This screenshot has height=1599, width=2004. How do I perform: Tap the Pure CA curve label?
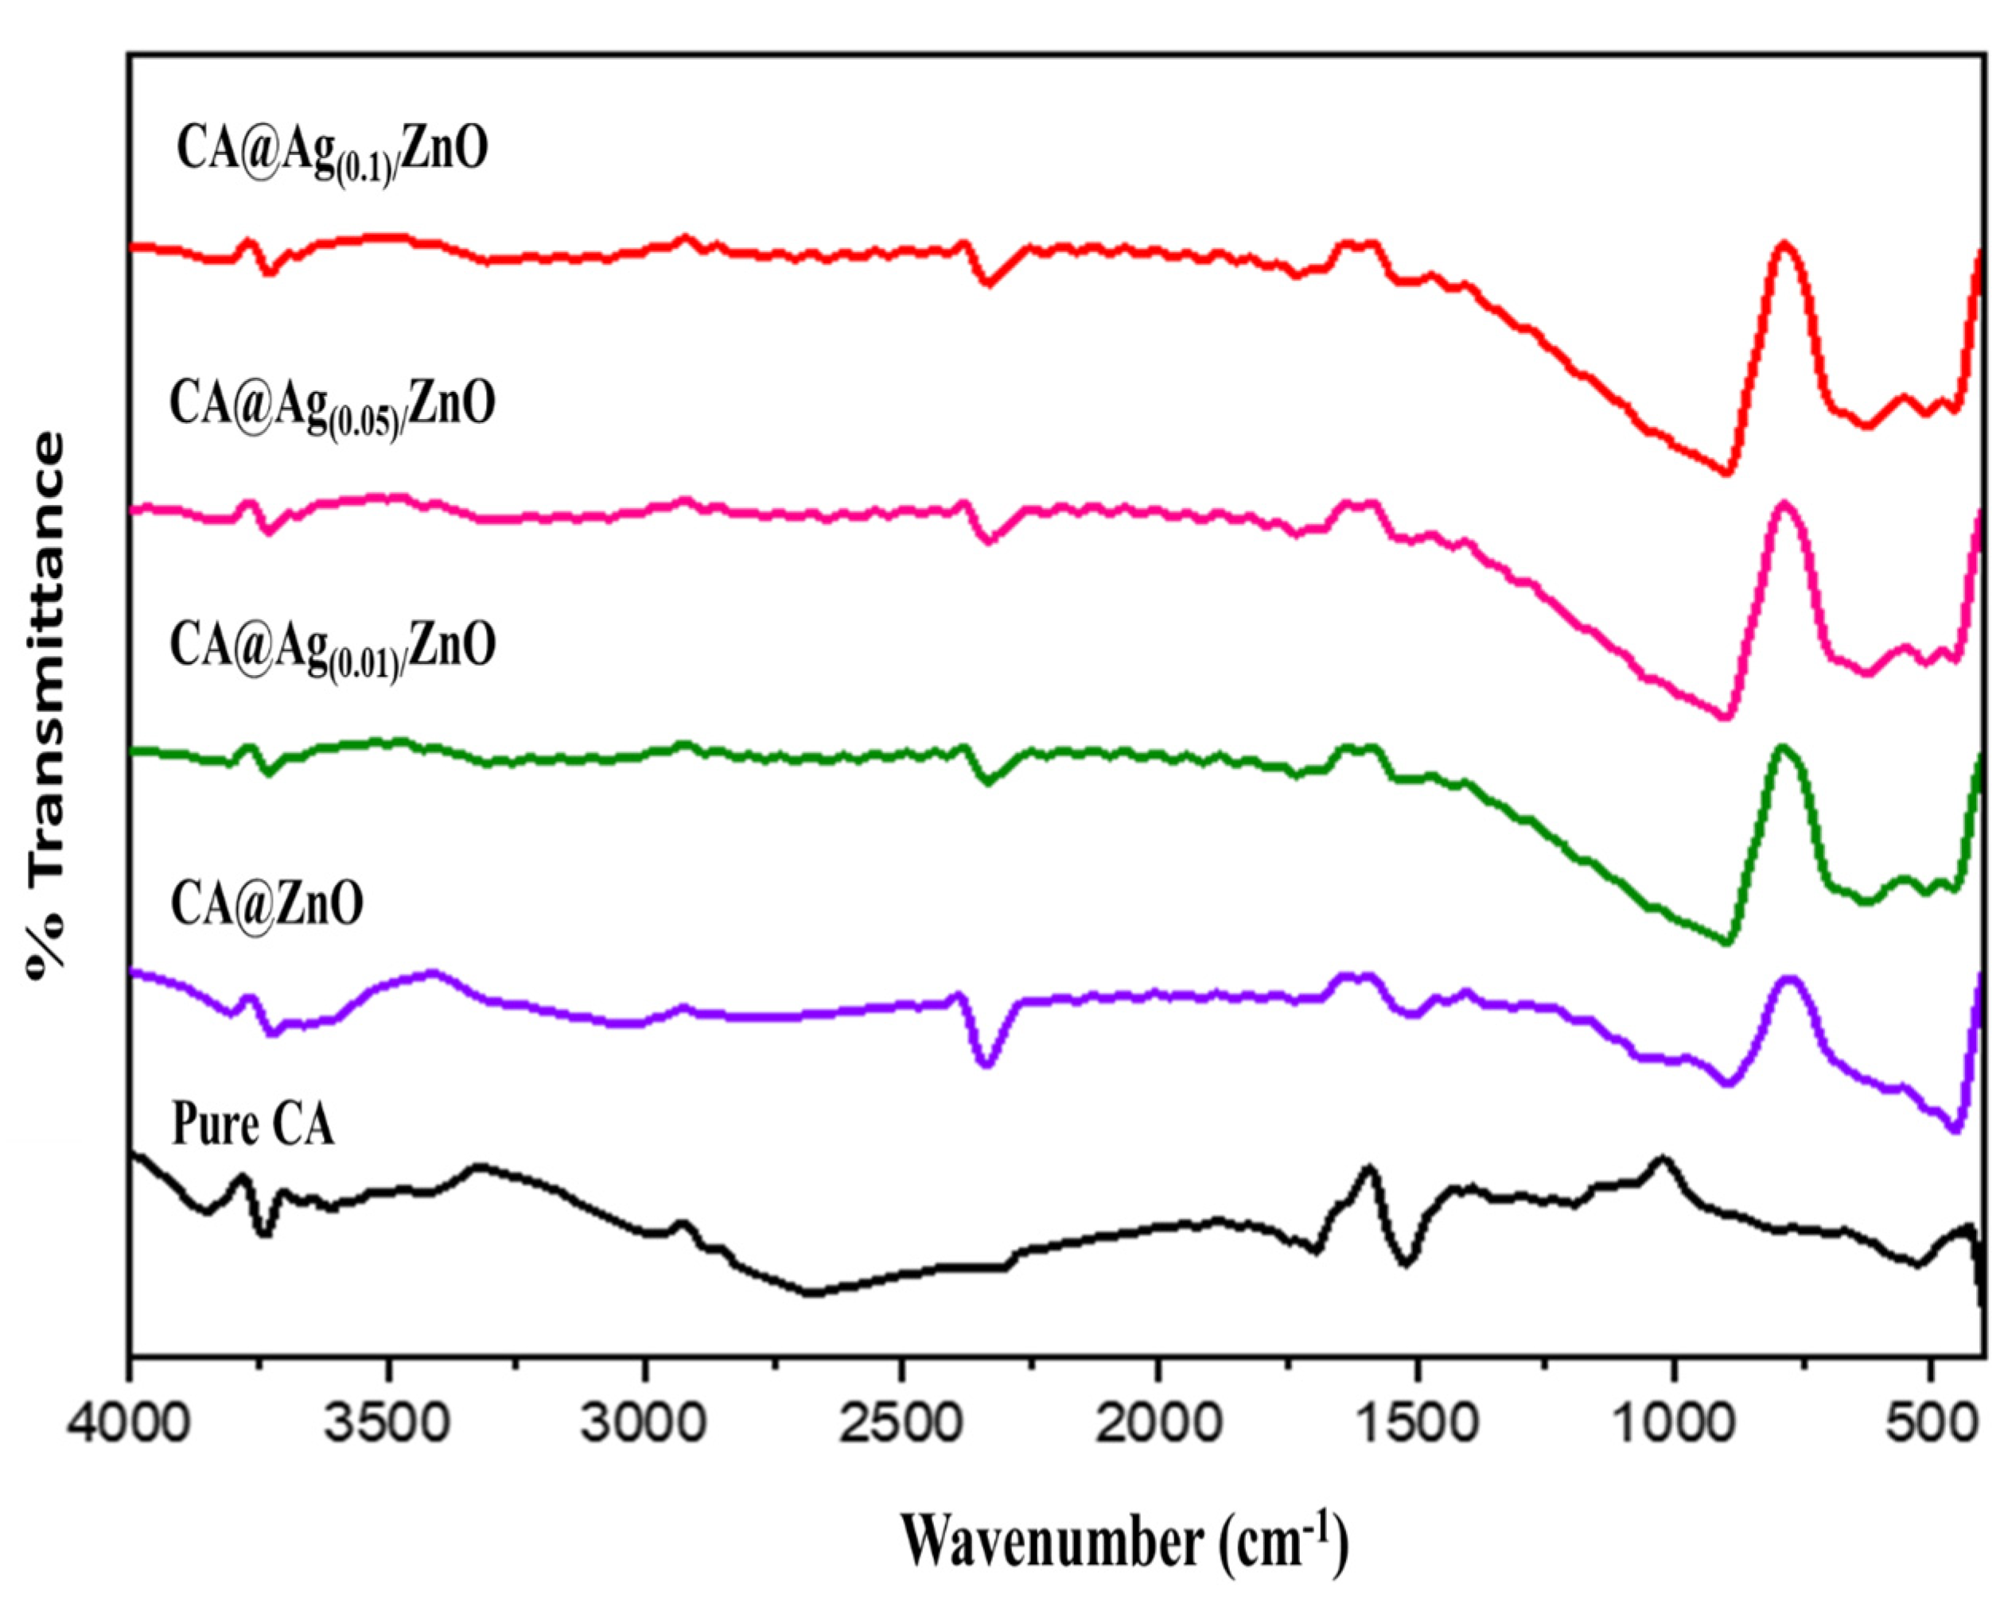point(253,1126)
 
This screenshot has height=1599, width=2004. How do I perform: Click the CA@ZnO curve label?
point(267,904)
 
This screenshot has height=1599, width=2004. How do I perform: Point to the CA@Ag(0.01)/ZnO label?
point(332,647)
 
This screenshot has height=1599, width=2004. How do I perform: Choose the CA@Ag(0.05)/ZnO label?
point(332,406)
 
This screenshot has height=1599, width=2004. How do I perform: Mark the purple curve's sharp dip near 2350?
point(988,1065)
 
